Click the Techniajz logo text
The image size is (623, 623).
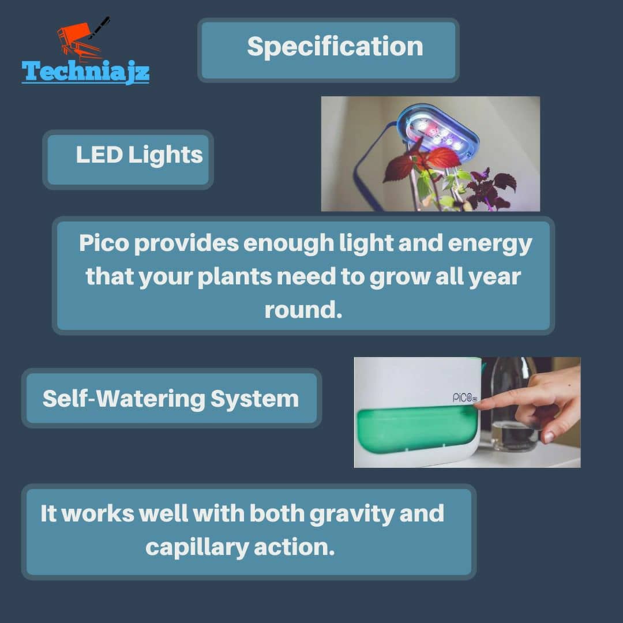pyautogui.click(x=85, y=72)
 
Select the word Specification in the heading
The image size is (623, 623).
pyautogui.click(x=335, y=47)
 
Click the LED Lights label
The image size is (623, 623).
pyautogui.click(x=139, y=155)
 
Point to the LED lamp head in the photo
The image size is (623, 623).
pyautogui.click(x=437, y=132)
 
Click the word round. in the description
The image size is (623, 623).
pyautogui.click(x=303, y=310)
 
